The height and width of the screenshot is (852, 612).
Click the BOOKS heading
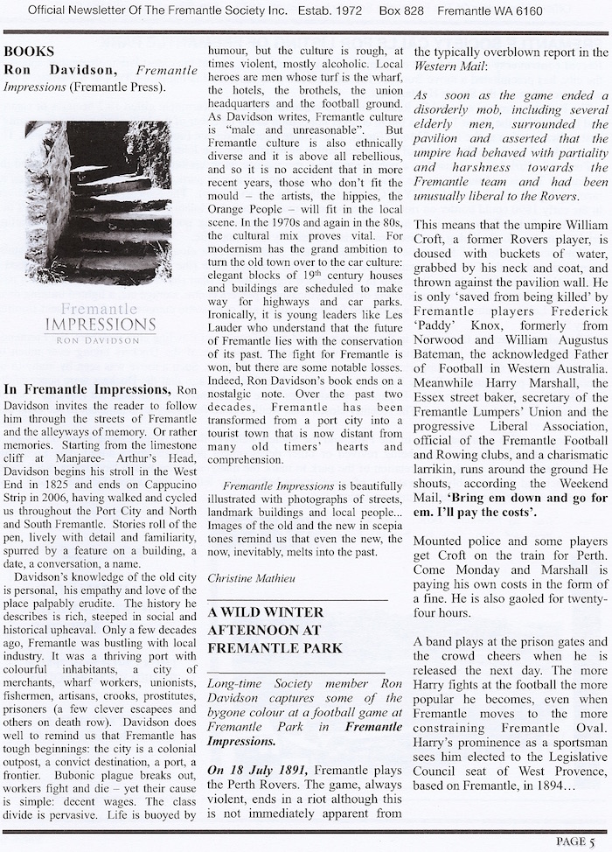(x=29, y=52)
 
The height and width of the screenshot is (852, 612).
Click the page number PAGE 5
(x=579, y=841)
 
